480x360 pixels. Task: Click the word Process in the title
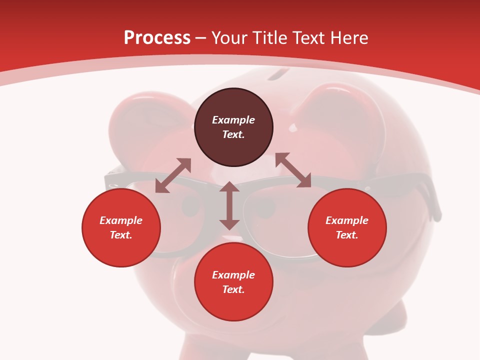click(x=157, y=38)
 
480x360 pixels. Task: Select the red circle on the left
click(x=121, y=227)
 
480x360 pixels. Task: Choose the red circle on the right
click(x=347, y=227)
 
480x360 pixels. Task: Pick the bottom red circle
click(x=233, y=282)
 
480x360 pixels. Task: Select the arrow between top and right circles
click(x=293, y=170)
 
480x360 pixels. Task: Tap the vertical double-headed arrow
click(x=229, y=205)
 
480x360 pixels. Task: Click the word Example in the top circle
click(x=233, y=120)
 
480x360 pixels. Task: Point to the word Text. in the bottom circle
click(x=233, y=289)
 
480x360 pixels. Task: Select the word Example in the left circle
click(x=121, y=220)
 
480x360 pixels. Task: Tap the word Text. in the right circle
click(x=347, y=235)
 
